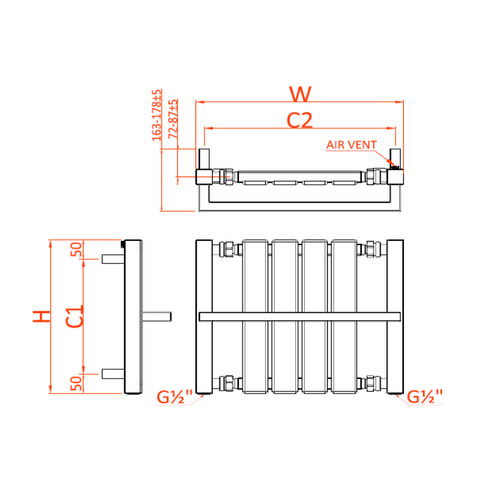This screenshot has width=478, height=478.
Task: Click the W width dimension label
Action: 300,94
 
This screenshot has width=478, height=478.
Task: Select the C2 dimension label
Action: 300,121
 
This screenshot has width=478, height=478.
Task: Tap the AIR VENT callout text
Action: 351,145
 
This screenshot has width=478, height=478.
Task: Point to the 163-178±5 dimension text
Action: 157,115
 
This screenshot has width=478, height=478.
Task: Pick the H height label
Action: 41,317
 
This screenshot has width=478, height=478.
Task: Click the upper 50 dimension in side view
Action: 76,249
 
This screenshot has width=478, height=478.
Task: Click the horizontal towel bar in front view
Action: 299,316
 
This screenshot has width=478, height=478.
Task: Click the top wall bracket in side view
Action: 112,259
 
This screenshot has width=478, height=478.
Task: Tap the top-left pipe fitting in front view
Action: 226,249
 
